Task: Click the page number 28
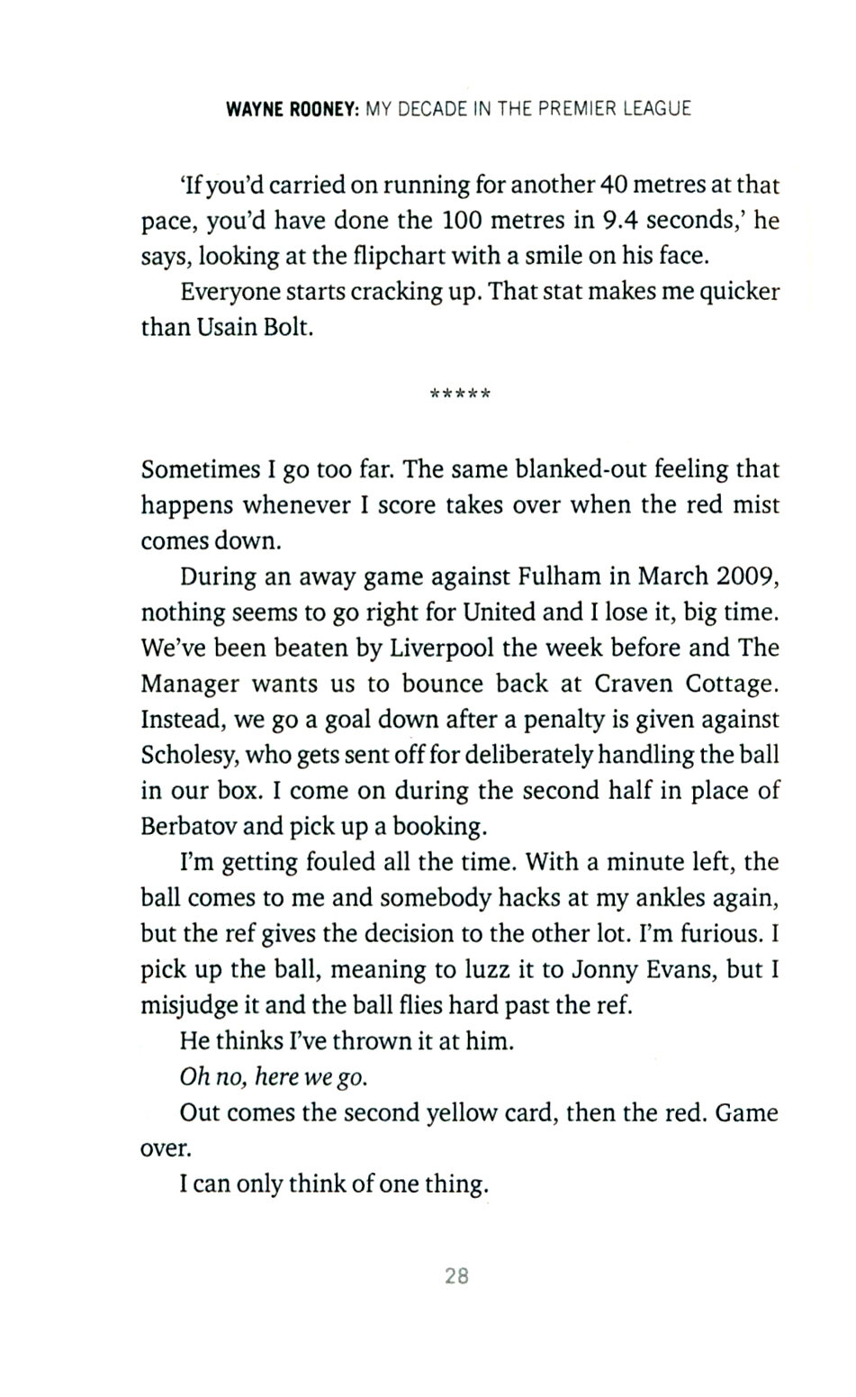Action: pyautogui.click(x=457, y=1275)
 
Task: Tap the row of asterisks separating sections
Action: pyautogui.click(x=461, y=395)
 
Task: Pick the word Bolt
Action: pyautogui.click(x=290, y=327)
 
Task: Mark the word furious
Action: pyautogui.click(x=724, y=934)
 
